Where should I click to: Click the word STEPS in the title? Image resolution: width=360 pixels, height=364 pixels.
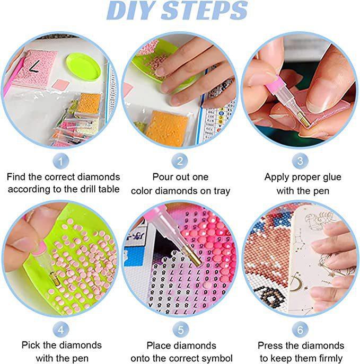(x=204, y=11)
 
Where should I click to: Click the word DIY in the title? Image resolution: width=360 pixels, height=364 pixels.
(x=131, y=11)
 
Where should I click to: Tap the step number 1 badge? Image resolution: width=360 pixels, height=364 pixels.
(x=61, y=161)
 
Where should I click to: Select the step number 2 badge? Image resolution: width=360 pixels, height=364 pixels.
(x=180, y=161)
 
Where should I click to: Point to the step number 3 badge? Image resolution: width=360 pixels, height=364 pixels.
(x=300, y=161)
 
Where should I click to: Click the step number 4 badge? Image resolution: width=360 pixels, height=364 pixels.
(x=61, y=330)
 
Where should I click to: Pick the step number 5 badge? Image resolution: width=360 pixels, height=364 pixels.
(x=181, y=330)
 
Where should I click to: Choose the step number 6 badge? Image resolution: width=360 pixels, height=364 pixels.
(x=300, y=330)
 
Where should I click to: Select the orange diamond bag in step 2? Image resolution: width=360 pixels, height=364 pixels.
(x=167, y=128)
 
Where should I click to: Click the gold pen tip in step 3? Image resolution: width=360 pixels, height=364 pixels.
(x=304, y=119)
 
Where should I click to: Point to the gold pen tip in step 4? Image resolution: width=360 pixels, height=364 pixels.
(x=55, y=279)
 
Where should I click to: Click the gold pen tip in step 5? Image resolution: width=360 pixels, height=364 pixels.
(x=193, y=256)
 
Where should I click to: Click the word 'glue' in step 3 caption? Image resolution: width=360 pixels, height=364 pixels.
(x=331, y=177)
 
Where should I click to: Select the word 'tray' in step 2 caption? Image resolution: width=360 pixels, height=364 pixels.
(x=221, y=191)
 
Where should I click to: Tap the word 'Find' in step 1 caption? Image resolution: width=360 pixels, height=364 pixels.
(x=16, y=177)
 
